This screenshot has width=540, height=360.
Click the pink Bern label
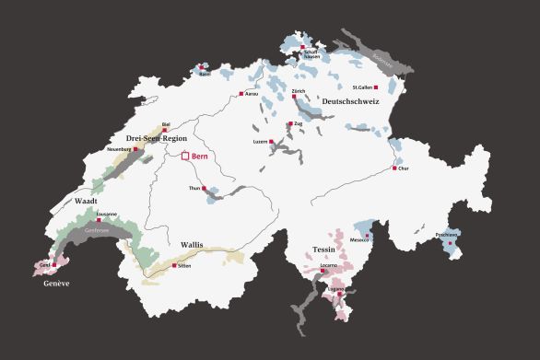200,157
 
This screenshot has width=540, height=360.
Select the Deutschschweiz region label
350,101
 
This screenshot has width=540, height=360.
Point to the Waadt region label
86,201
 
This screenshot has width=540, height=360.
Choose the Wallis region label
192,245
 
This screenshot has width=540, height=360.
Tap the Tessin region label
323,250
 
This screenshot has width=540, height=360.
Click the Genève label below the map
56,284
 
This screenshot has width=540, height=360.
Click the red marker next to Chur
394,168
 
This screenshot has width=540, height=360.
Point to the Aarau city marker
241,93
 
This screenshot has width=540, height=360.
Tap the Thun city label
194,188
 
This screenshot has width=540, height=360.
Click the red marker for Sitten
174,264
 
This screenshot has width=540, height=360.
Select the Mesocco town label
358,240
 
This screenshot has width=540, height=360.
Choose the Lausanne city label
106,215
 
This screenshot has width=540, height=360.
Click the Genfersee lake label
96,231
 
